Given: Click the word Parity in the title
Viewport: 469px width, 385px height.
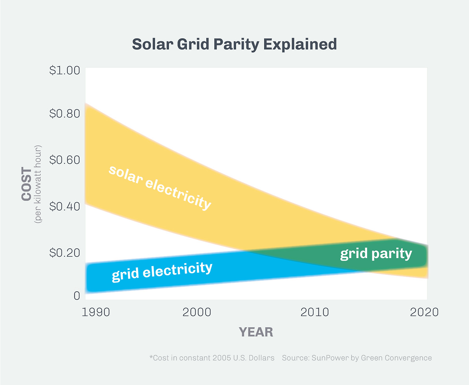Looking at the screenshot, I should pos(236,45).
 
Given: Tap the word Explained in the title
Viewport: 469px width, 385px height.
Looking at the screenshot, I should pos(300,45).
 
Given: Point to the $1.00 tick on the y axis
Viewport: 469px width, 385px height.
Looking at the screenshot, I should pos(64,70).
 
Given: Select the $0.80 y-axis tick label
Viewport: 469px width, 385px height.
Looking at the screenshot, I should pos(64,114).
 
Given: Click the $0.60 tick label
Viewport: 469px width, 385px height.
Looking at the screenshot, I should pos(64,160).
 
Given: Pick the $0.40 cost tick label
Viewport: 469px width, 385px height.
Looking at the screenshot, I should pos(64,207).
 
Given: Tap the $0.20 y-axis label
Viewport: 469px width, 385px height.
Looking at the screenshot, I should pos(64,253).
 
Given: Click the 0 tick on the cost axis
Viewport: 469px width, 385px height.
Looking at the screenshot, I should pos(77,295).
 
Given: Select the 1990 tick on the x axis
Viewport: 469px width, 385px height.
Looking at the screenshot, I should pos(96,312).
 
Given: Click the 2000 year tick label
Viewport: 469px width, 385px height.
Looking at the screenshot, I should pos(197,312).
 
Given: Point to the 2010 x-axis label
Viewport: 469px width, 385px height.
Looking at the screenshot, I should pos(314,312).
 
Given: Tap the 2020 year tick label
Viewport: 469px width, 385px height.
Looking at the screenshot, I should pos(424,312).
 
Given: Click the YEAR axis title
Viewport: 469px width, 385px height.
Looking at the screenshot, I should pos(256,332).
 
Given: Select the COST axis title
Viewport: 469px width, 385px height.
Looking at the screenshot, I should pos(27,184).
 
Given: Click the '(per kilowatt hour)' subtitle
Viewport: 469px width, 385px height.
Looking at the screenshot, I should pos(38,184).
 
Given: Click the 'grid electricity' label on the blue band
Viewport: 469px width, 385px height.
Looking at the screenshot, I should pos(162,272).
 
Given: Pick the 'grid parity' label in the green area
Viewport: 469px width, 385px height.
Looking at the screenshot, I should pos(376,254).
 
